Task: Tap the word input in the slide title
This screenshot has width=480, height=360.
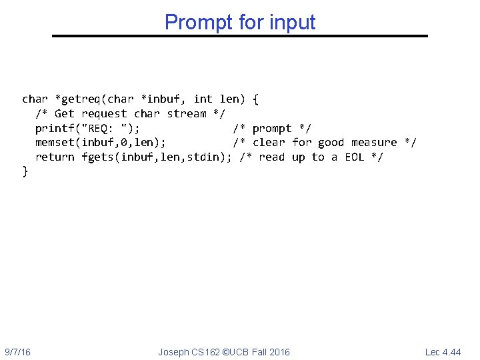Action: [x=293, y=22]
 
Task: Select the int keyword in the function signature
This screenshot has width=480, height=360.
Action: [x=203, y=99]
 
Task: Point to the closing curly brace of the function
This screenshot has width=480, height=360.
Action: [x=25, y=171]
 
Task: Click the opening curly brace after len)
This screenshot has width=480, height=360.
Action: [x=257, y=99]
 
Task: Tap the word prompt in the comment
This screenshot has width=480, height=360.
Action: [x=272, y=128]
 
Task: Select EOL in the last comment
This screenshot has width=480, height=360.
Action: [x=354, y=157]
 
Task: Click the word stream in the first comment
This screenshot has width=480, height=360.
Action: [x=187, y=113]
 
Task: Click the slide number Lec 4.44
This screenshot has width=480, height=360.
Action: [x=443, y=352]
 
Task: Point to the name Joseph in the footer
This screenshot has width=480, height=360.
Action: [x=173, y=352]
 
